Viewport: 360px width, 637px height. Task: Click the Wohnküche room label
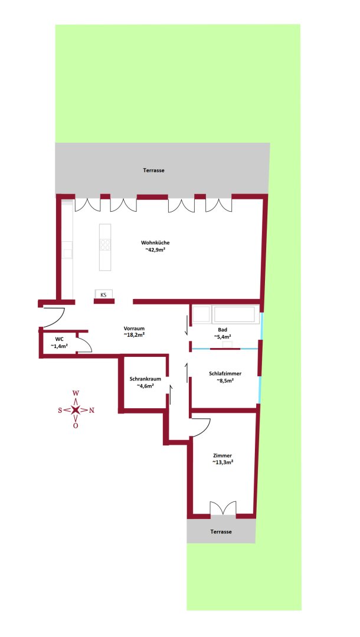[156, 243]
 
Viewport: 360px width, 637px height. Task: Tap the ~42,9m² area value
[156, 251]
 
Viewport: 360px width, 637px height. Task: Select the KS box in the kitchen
[103, 294]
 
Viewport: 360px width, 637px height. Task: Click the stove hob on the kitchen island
[105, 244]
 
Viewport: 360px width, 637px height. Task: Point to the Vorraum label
[134, 328]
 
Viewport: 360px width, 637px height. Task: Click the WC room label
[59, 339]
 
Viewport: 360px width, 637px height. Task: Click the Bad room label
[222, 330]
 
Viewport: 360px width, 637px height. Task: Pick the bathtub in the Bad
[235, 315]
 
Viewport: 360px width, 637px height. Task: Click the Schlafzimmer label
[225, 373]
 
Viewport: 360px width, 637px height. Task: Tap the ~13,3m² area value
[222, 463]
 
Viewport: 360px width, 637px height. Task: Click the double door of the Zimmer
[223, 508]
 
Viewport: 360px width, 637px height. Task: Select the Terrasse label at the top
[153, 170]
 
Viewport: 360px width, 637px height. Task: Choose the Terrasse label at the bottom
[221, 531]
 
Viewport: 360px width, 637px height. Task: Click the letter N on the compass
[91, 410]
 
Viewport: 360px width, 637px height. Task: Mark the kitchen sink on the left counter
[67, 251]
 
